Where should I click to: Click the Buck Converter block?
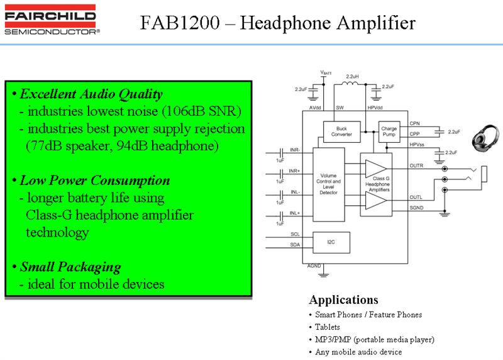pos(341,132)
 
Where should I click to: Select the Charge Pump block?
pos(389,132)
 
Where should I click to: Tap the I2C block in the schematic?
pos(331,241)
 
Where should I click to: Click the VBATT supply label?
pos(326,73)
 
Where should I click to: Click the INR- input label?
pos(295,150)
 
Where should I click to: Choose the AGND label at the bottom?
pos(313,267)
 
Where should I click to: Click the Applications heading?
pos(343,300)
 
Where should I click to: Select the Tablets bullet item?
pos(327,327)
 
